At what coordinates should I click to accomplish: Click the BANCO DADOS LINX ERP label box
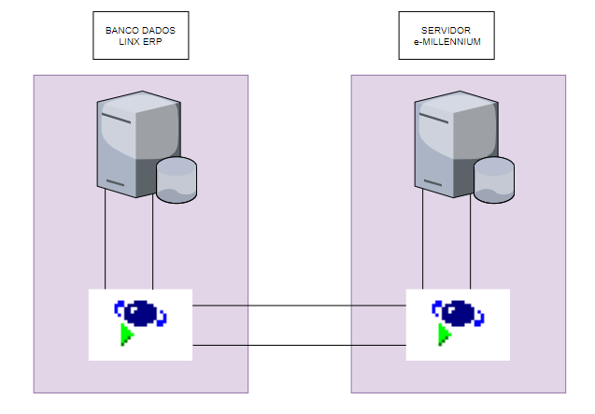[141, 36]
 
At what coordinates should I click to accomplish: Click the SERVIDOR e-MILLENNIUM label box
[446, 36]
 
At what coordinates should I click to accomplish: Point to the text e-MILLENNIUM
[447, 43]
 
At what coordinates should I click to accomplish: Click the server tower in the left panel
[131, 140]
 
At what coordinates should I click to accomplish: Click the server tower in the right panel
[448, 140]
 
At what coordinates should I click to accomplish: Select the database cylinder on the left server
[177, 180]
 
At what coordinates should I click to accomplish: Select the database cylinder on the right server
[494, 180]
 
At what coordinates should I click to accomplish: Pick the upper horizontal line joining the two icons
[299, 306]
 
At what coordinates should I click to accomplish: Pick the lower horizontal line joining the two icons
[299, 346]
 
